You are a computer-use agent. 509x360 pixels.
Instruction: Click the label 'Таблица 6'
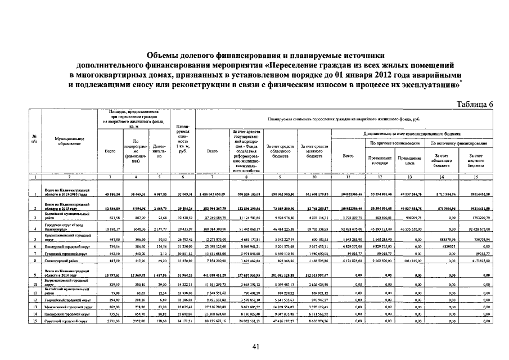pos(475,105)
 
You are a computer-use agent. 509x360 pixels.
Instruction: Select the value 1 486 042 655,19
pos(213,194)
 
